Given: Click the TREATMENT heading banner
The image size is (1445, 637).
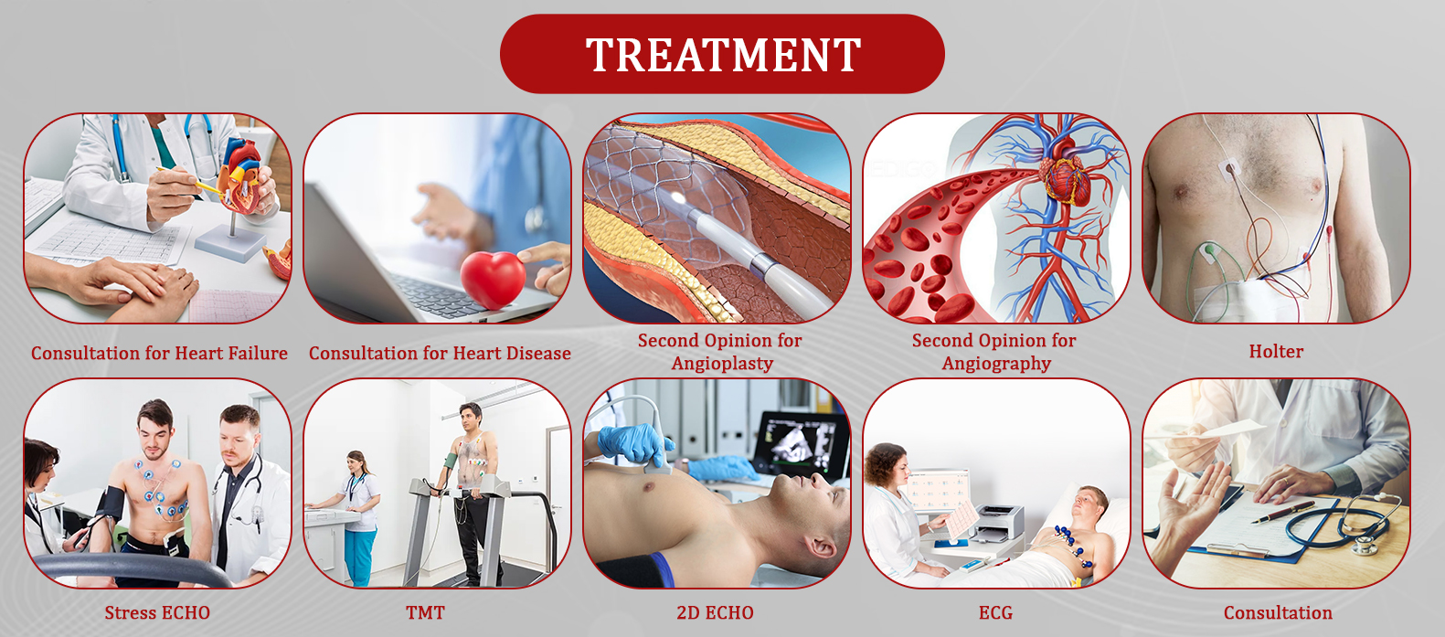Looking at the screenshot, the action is (x=722, y=54).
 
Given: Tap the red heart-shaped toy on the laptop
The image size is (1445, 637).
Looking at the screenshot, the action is (x=493, y=279).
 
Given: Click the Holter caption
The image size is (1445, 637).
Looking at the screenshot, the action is (x=1276, y=351).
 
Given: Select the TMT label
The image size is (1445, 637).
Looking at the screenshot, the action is (x=425, y=612).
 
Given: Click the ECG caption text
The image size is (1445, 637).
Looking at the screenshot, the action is (x=995, y=612).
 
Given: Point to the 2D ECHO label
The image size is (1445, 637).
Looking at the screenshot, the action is (x=715, y=612).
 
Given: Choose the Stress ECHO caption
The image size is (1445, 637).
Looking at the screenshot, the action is (x=157, y=612).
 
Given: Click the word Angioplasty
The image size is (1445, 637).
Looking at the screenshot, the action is (x=722, y=364).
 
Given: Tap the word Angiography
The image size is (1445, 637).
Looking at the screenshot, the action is (x=996, y=364).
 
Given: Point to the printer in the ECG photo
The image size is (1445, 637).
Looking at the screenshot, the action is (x=999, y=522).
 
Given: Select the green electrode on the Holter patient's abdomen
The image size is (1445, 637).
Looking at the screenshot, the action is (x=1209, y=249).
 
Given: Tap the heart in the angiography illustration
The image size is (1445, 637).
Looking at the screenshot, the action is (x=1066, y=172).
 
